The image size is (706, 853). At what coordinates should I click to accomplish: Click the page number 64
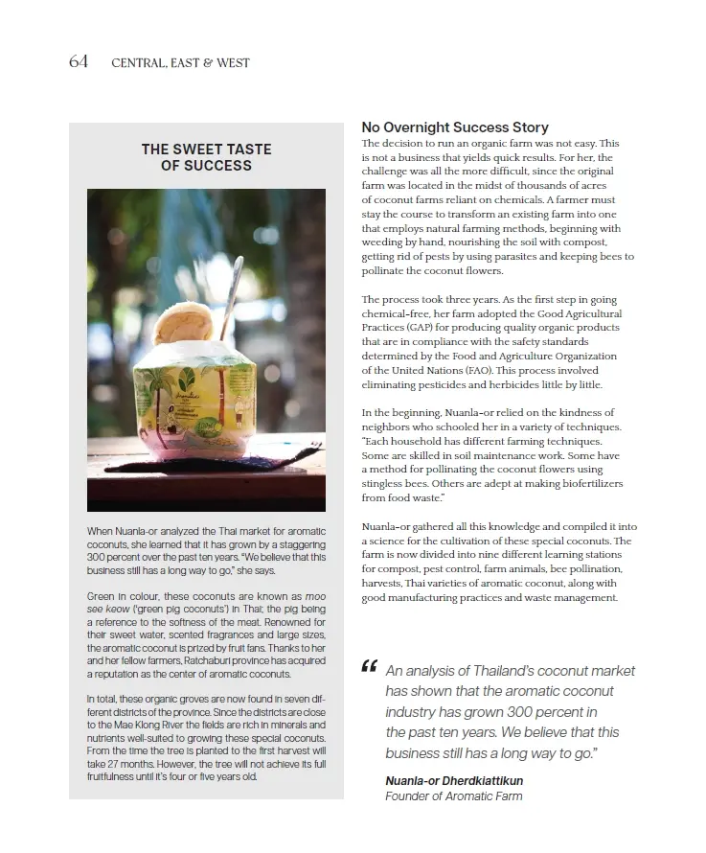click(x=79, y=61)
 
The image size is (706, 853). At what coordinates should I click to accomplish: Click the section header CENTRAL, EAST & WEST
click(x=180, y=63)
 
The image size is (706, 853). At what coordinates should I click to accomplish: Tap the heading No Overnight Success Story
click(x=454, y=127)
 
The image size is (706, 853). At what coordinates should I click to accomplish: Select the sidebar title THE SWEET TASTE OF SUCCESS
click(x=206, y=157)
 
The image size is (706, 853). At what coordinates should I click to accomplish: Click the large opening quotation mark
click(x=370, y=667)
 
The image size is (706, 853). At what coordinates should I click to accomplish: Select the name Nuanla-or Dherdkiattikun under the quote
click(x=454, y=780)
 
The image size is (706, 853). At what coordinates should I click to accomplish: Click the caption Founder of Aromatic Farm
click(x=454, y=795)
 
